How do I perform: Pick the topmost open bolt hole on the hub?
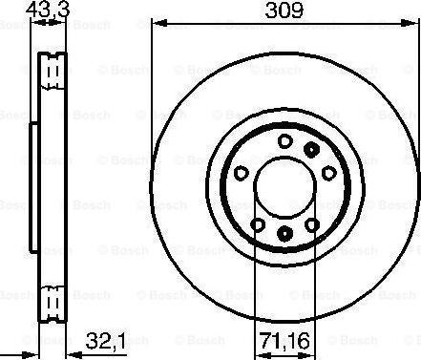tap(284, 140)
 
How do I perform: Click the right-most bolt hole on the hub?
tap(329, 173)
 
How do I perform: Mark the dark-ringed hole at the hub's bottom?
tap(284, 234)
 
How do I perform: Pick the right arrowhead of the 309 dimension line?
tap(414, 23)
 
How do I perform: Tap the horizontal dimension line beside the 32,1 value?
tap(72, 349)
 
